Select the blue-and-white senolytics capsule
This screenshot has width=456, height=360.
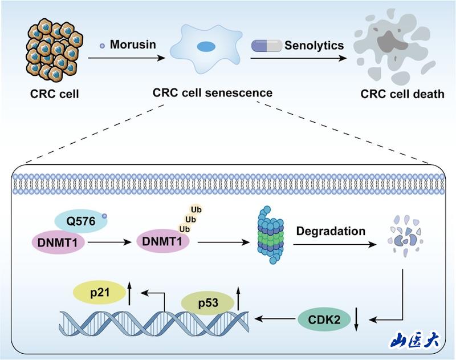pos(267,45)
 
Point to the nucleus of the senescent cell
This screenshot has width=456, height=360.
pos(206,47)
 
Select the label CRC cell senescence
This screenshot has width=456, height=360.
pos(212,92)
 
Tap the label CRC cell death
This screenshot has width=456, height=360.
pos(402,93)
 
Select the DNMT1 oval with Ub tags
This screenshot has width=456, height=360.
pos(163,244)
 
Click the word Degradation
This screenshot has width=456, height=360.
pos(331,232)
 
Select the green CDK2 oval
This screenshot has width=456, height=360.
pos(325,319)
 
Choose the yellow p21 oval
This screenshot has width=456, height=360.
pos(99,293)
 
